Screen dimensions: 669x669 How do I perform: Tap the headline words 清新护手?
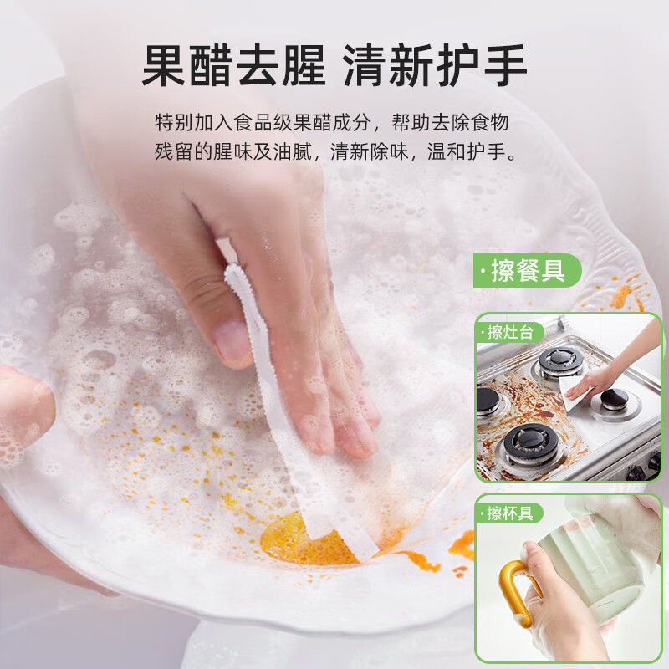(x=435, y=65)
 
